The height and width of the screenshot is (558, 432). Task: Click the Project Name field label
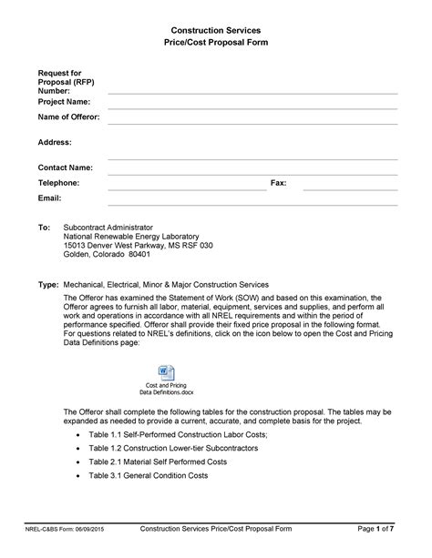[64, 103]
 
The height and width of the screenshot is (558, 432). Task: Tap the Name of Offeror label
[68, 117]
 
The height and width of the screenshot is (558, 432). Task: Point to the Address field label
[55, 142]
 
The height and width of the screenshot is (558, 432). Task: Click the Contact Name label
[65, 167]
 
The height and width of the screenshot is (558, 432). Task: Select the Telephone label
[58, 183]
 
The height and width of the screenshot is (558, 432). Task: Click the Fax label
[279, 183]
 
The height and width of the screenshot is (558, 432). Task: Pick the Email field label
[49, 198]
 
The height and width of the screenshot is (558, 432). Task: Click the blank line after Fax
[350, 188]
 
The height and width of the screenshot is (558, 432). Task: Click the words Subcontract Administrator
[108, 226]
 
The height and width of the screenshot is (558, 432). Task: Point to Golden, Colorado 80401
[108, 256]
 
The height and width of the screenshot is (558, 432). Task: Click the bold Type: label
[47, 284]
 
